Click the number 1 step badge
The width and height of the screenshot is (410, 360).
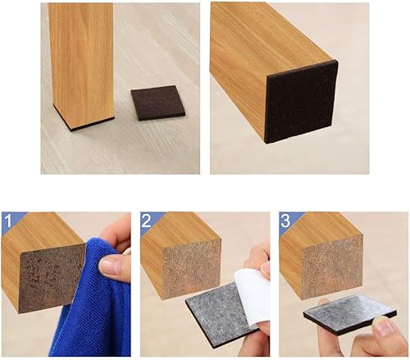point(7,221)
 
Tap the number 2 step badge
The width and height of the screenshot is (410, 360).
point(147,221)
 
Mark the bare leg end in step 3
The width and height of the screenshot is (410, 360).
point(331,266)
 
